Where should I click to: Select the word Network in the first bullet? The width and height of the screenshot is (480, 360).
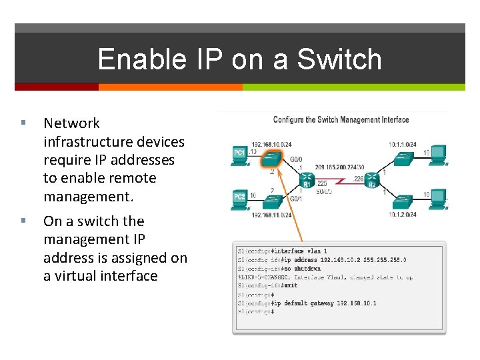(71, 123)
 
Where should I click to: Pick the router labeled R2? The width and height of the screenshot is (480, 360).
(372, 179)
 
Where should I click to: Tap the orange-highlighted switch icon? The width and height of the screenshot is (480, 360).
(271, 157)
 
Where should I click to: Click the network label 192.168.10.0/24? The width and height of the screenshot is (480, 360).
(271, 144)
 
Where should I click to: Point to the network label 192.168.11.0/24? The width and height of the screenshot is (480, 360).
(271, 215)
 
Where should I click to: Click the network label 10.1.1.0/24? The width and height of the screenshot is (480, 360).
(403, 144)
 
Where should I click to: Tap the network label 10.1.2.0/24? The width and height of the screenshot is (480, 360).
(403, 215)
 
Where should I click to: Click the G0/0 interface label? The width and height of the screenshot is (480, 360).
(296, 160)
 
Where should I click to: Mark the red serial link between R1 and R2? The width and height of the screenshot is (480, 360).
(340, 181)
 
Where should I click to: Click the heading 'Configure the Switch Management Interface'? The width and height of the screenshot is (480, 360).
(341, 120)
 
